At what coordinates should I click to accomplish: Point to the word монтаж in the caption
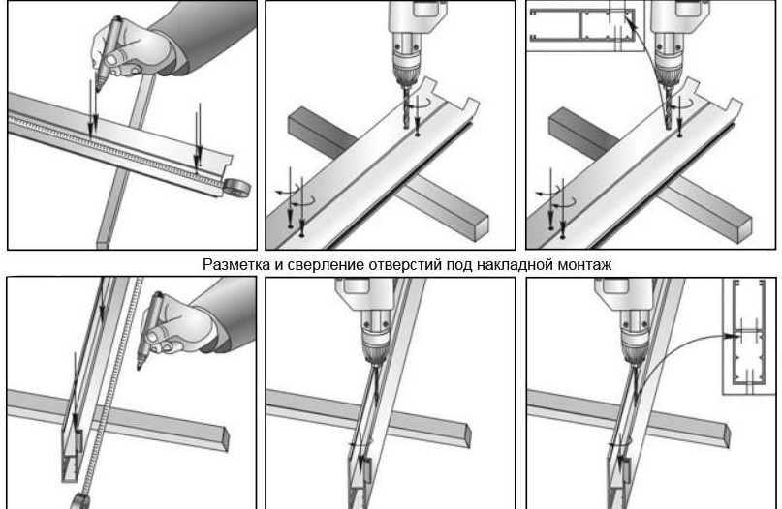584,264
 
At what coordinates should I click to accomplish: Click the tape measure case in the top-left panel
236,189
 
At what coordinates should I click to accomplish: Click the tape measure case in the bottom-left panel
78,501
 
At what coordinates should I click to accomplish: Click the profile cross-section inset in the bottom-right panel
749,336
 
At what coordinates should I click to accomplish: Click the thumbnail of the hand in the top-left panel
112,60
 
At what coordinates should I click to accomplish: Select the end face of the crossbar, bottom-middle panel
467,436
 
